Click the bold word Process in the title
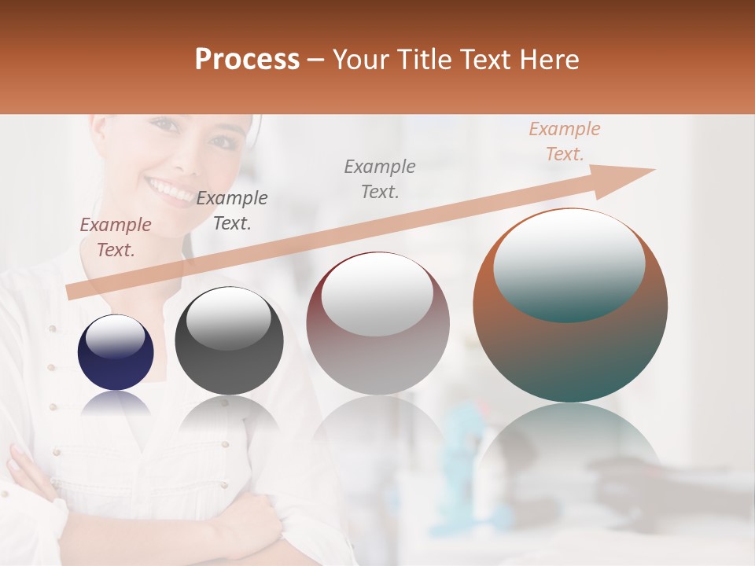[x=247, y=60]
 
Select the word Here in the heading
[x=548, y=60]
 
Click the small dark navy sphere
[x=116, y=352]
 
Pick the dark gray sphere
[x=229, y=340]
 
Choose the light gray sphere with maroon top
[x=377, y=323]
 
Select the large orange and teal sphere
[x=570, y=305]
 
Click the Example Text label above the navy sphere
[x=115, y=237]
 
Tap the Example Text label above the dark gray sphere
[x=231, y=211]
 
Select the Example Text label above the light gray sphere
[x=379, y=178]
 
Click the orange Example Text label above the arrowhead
[x=564, y=141]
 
